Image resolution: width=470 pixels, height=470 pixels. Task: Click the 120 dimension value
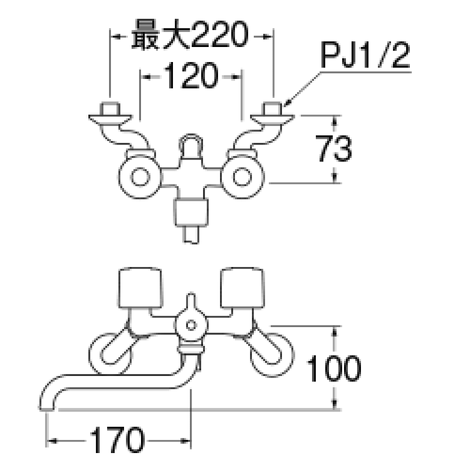point(190,77)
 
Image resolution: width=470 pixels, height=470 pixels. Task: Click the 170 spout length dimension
point(117,441)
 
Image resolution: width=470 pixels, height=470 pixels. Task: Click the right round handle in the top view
point(242,176)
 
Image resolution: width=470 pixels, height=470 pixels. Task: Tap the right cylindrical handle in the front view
point(243,286)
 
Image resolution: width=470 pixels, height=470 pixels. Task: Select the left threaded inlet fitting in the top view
point(110,108)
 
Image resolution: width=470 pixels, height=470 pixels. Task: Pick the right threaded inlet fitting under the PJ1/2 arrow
point(272,108)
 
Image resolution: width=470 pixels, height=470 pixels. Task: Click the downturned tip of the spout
point(47,401)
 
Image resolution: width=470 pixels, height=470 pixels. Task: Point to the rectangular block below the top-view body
point(191,212)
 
